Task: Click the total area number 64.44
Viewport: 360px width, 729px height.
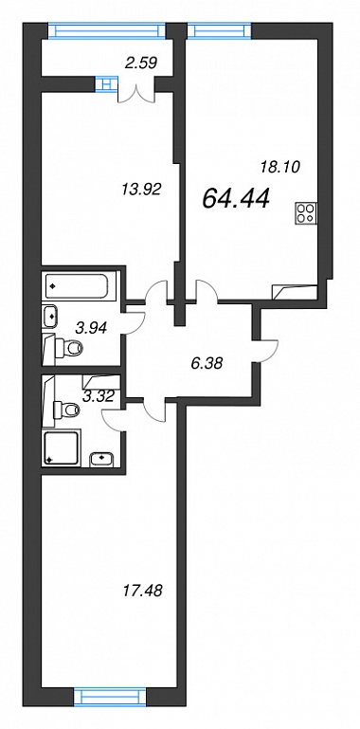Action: tap(236, 199)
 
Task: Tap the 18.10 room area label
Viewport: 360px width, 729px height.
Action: tap(279, 166)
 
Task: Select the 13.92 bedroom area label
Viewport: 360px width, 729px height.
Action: tap(141, 190)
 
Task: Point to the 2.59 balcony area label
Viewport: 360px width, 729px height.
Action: tap(141, 61)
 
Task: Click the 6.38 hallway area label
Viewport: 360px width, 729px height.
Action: tap(207, 362)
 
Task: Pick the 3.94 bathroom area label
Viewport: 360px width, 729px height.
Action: tap(92, 328)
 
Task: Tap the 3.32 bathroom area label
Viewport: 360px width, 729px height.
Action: tap(99, 395)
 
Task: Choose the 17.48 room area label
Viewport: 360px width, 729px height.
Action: tap(141, 592)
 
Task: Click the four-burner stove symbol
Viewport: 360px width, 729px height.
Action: tap(306, 213)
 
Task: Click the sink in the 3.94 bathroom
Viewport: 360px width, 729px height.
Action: tap(50, 317)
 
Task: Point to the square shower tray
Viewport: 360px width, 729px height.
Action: tap(62, 447)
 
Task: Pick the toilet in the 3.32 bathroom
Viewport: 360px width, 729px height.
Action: tap(67, 410)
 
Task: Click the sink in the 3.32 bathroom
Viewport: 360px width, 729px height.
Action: tap(101, 459)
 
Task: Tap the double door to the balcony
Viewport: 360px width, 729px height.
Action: tap(136, 92)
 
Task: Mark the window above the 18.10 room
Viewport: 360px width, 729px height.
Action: tap(220, 30)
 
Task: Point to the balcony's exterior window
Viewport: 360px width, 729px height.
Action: tap(108, 30)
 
